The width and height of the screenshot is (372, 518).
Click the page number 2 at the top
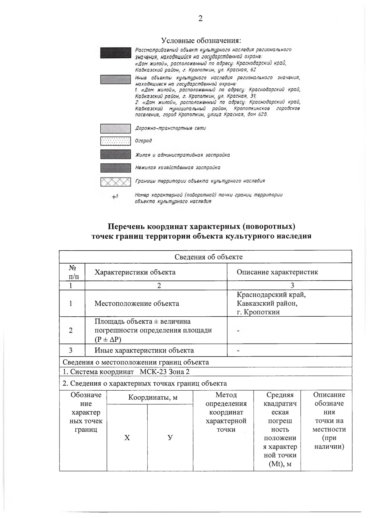click(x=201, y=19)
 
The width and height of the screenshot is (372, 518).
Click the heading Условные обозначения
click(x=201, y=41)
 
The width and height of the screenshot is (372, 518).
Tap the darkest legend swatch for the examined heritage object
click(x=115, y=53)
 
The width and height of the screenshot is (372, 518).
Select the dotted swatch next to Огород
click(x=115, y=141)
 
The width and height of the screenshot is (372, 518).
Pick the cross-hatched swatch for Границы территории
click(x=115, y=182)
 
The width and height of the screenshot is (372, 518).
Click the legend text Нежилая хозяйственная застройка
click(x=177, y=168)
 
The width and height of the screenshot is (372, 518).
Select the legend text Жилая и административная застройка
click(x=182, y=155)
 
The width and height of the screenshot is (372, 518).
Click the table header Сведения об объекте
click(x=208, y=257)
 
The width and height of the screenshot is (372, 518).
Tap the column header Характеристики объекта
click(x=135, y=272)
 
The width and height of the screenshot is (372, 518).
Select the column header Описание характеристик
click(x=277, y=272)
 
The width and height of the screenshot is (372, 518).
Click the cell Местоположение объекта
click(x=137, y=303)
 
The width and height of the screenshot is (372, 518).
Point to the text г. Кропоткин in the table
click(x=258, y=312)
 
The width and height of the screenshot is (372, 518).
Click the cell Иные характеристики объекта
click(x=144, y=350)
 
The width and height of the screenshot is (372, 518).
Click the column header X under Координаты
click(x=127, y=438)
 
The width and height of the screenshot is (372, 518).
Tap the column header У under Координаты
click(x=170, y=438)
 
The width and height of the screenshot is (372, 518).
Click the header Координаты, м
click(x=153, y=397)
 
